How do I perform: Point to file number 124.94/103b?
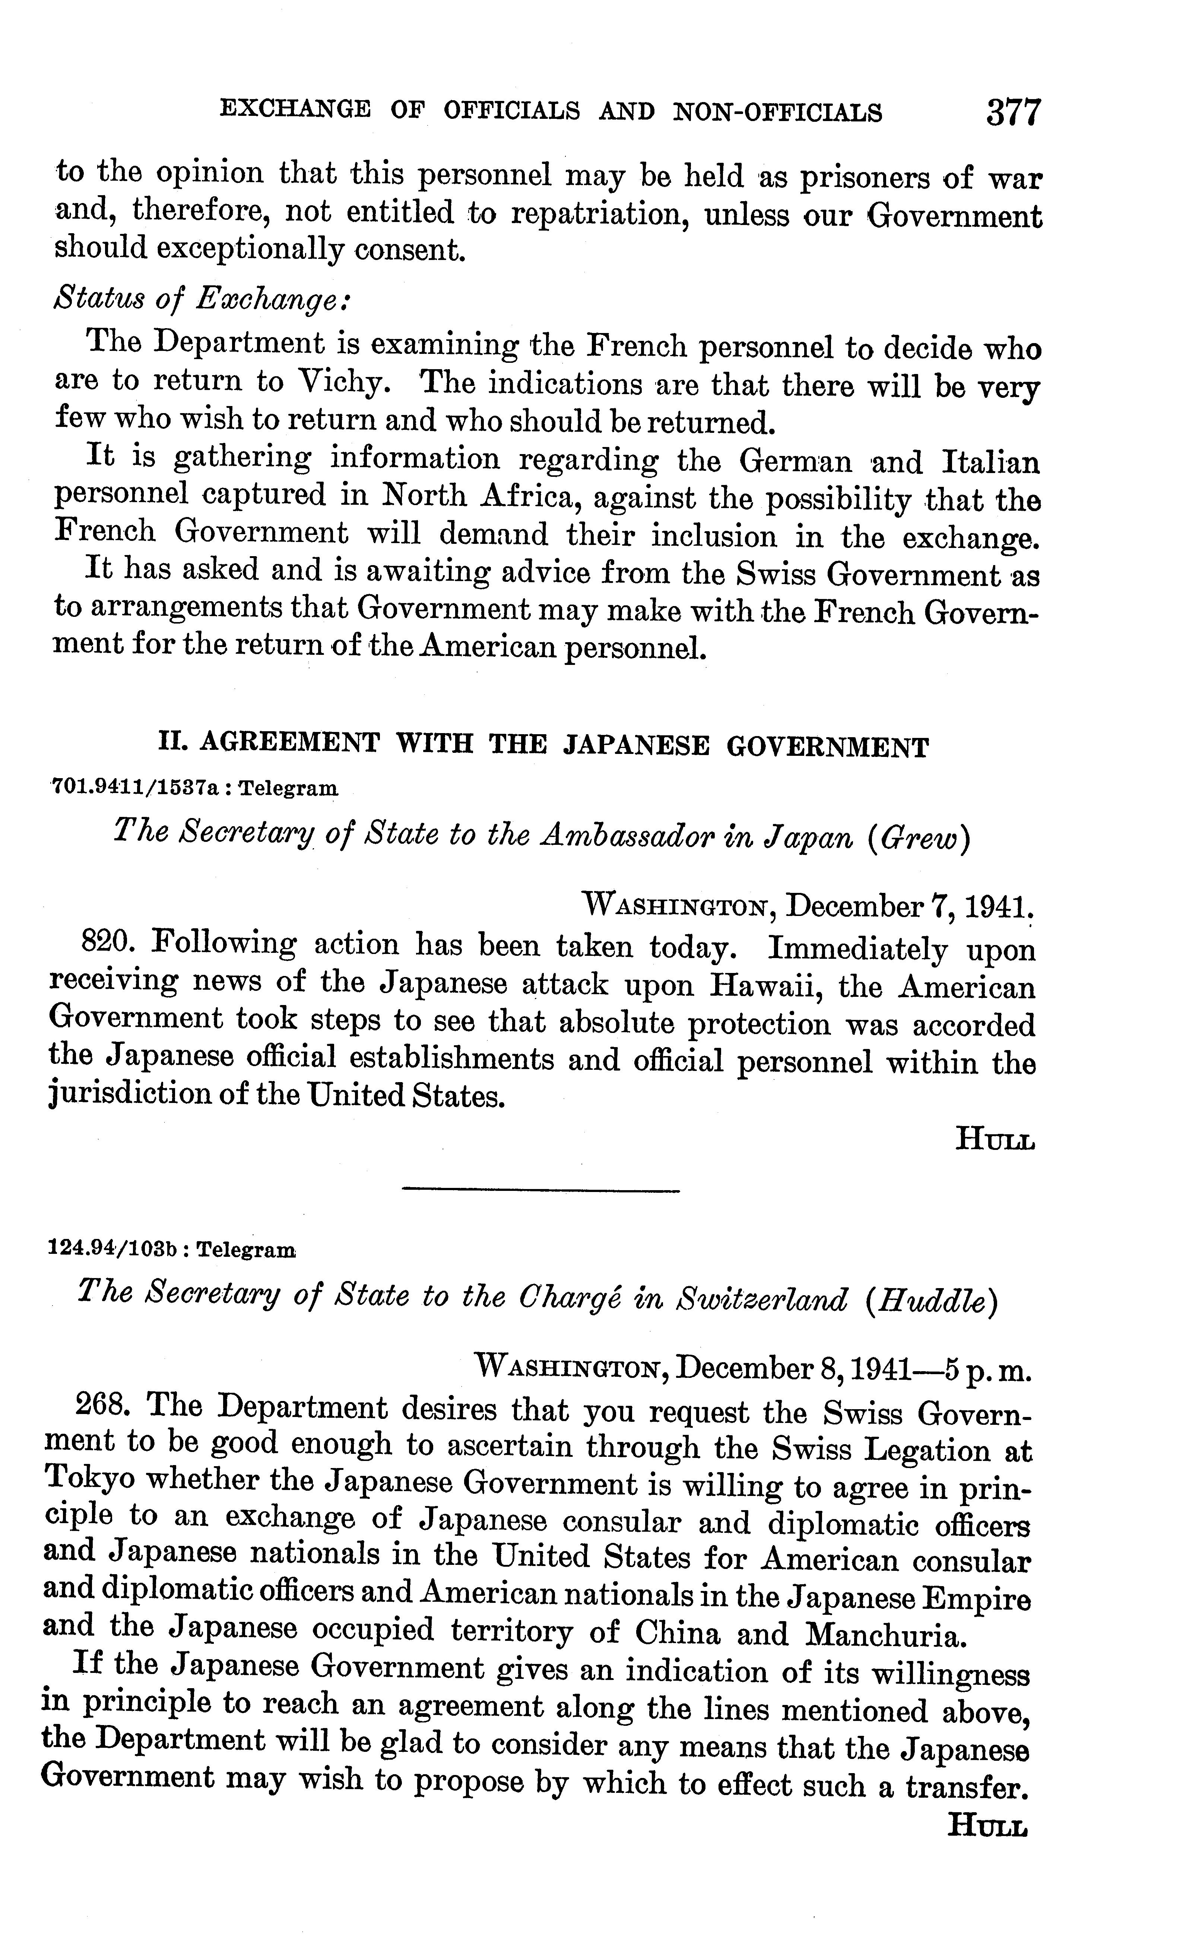tap(112, 1249)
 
